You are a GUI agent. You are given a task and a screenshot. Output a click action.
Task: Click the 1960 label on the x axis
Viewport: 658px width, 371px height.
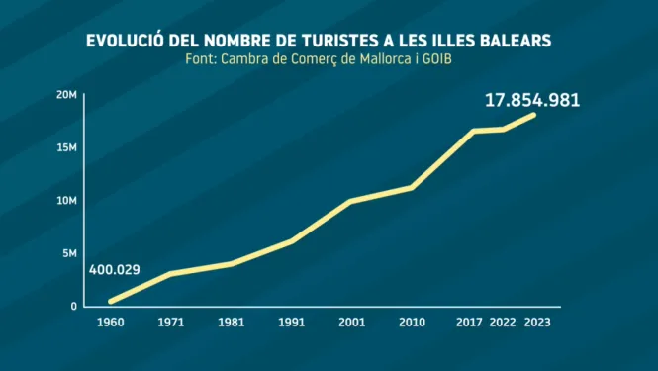111,323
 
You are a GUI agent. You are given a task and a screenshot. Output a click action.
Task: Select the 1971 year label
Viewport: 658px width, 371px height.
171,323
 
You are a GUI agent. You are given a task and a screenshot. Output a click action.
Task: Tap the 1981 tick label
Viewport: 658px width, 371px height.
232,323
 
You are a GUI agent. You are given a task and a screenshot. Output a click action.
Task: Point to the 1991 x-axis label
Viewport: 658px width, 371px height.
292,323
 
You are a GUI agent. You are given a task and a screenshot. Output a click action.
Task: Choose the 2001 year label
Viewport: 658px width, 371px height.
352,323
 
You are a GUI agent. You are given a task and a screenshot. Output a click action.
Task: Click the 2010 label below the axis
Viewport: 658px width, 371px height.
412,323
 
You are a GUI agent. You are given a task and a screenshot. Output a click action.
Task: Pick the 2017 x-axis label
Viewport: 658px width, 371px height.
470,323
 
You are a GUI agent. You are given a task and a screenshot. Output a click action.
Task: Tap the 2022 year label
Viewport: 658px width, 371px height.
503,323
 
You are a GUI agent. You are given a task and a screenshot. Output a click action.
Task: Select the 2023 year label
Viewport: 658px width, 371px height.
537,323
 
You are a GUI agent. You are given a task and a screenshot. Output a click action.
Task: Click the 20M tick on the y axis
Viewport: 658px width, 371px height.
66,95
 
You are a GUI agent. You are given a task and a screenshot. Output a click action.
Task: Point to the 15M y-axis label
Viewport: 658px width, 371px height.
66,147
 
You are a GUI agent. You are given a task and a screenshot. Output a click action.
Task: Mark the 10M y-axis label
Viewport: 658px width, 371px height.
66,201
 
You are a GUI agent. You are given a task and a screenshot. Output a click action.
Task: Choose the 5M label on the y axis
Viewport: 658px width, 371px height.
69,253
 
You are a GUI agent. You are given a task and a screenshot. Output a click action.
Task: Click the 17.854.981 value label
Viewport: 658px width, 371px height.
532,100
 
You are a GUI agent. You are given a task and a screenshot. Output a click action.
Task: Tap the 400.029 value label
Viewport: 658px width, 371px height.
114,269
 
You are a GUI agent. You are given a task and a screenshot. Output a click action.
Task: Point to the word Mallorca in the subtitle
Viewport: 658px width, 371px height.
386,59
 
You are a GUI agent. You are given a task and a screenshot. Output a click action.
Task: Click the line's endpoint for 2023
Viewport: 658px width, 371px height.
533,115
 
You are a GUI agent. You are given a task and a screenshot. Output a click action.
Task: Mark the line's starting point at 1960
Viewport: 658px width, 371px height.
111,301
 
